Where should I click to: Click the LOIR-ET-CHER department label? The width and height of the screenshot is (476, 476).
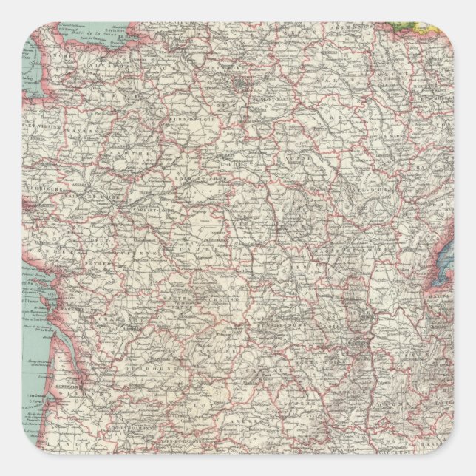(194, 180)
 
